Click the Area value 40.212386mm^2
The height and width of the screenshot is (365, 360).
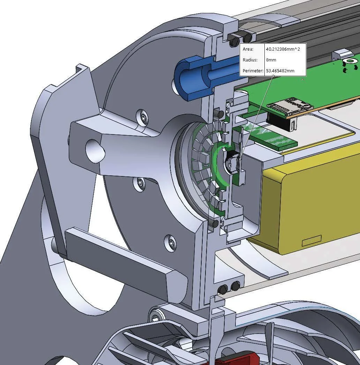(283, 49)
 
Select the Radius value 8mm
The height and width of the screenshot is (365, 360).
(271, 60)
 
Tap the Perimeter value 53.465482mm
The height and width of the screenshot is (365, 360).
(280, 71)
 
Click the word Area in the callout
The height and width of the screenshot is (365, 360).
(248, 49)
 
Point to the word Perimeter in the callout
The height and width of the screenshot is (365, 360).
(253, 71)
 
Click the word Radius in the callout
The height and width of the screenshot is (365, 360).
(250, 60)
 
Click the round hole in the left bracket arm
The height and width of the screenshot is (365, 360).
(95, 151)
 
